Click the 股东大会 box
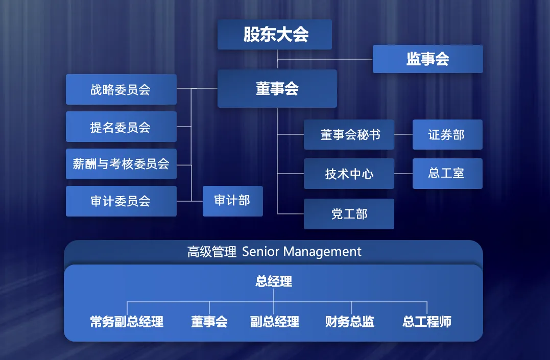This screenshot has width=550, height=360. pos(275,35)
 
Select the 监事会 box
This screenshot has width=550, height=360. pos(427,59)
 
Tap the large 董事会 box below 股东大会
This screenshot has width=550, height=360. pos(277,89)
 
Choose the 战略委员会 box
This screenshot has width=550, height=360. pos(121,89)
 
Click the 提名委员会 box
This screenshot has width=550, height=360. pos(121,127)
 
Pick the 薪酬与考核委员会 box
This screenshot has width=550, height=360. pos(121,164)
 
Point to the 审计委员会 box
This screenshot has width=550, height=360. pos(121,201)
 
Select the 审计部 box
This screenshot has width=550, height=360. pos(232,201)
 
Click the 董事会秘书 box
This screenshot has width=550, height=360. pos(349,135)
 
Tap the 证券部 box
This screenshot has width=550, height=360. pos(447,135)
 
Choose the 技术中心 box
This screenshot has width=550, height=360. pos(349,174)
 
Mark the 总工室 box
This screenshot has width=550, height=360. pos(447,174)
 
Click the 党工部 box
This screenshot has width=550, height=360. pos(349,214)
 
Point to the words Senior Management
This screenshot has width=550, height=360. pos(302,252)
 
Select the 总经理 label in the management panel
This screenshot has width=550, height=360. pos(274,281)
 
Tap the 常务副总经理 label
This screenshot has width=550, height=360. pos(127,322)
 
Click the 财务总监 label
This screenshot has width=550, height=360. pos(350,322)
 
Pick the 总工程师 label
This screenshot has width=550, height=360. pos(427,322)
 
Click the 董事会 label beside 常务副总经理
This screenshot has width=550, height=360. pos(209,322)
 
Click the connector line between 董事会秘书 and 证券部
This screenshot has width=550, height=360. pos(403,135)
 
